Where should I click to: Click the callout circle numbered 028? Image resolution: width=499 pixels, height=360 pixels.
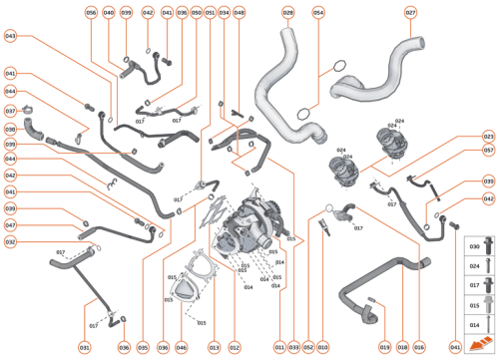(288, 13)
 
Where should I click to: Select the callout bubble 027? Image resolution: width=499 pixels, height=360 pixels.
(411, 13)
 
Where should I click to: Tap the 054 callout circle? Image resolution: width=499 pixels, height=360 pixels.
(318, 13)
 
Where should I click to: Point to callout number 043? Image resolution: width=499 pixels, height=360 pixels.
(10, 36)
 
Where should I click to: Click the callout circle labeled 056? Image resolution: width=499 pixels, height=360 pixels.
(91, 13)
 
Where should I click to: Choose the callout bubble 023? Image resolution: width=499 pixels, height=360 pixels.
(488, 136)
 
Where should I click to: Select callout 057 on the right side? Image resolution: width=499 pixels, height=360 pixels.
(488, 151)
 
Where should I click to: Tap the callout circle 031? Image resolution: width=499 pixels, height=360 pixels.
(85, 346)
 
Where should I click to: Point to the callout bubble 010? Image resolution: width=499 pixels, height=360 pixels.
(322, 346)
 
